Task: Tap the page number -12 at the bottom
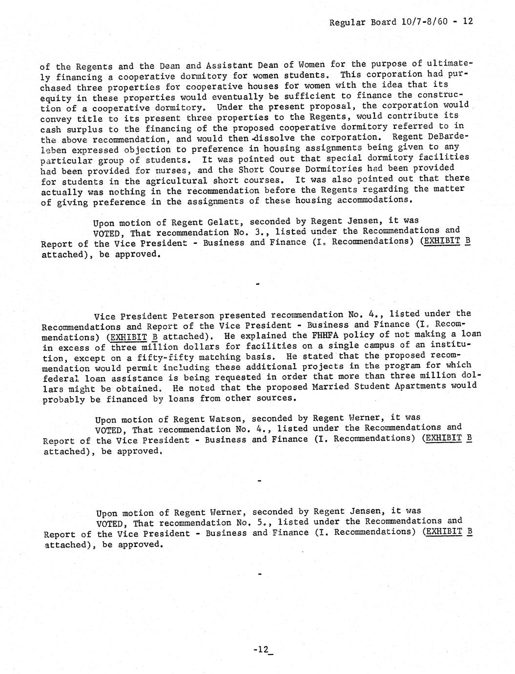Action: [262, 649]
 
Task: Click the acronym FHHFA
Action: [308, 335]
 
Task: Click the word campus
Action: [392, 345]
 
